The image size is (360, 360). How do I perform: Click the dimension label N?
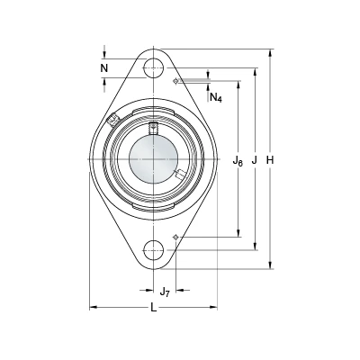point(104,68)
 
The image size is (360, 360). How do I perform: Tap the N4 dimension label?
point(216,97)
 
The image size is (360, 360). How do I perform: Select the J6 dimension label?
point(238,161)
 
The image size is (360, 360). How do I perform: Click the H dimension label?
point(270,160)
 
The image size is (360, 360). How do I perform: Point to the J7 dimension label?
point(165,291)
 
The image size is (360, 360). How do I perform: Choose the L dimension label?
point(154,308)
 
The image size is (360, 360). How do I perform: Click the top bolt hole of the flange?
point(154,68)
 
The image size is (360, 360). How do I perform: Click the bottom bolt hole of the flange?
point(154,250)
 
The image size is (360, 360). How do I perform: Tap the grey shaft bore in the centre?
point(154,159)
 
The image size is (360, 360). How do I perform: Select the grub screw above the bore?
point(154,128)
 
